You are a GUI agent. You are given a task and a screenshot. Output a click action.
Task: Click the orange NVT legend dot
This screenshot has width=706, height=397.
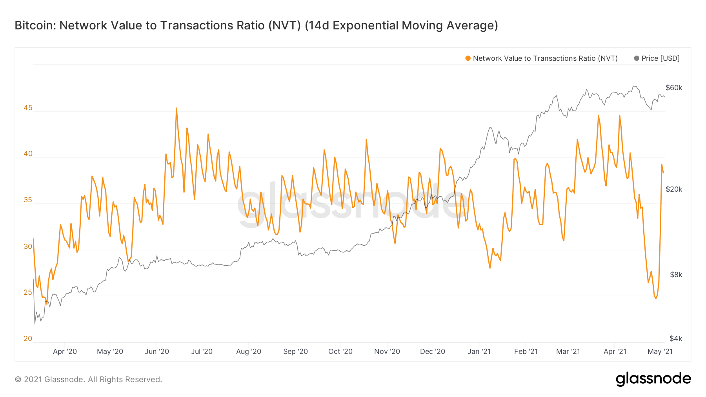coord(468,58)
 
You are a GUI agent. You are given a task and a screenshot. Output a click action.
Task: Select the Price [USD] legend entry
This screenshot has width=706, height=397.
coord(660,58)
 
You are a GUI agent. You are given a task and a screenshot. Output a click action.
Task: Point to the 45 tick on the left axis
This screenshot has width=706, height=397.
coord(28,108)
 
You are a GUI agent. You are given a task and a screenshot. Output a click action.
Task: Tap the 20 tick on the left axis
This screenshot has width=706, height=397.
coord(28,339)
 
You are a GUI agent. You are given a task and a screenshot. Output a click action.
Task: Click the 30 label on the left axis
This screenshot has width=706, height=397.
coord(28,247)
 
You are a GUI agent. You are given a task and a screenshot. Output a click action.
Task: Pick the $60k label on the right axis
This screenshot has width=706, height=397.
coord(674,88)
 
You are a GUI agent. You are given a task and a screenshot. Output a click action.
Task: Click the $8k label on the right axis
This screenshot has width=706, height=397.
coord(676,275)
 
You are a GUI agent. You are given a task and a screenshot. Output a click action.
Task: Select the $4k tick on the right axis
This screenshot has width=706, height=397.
coord(676,339)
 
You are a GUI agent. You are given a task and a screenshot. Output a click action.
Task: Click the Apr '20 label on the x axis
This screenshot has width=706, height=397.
coord(65,352)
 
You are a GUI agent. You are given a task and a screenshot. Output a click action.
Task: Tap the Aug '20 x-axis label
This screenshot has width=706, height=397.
coord(248,352)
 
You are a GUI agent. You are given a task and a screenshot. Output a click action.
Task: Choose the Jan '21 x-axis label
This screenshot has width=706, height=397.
coord(479,352)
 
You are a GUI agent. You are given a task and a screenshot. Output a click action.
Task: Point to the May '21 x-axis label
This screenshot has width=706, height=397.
coord(660,352)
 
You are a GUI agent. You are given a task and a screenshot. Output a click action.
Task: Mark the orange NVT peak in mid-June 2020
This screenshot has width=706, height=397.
coord(176,109)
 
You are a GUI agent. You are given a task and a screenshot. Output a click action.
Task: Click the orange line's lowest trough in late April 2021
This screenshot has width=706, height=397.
coord(655,298)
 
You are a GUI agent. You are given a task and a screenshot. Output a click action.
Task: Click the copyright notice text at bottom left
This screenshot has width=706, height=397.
coord(88,379)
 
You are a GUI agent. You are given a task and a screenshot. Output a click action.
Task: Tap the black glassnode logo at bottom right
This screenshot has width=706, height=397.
coord(653,379)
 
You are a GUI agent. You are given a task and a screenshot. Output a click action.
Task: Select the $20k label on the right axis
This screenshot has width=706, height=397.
coord(674,189)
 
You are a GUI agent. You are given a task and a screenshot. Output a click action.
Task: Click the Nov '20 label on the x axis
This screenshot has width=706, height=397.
coord(387,352)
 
